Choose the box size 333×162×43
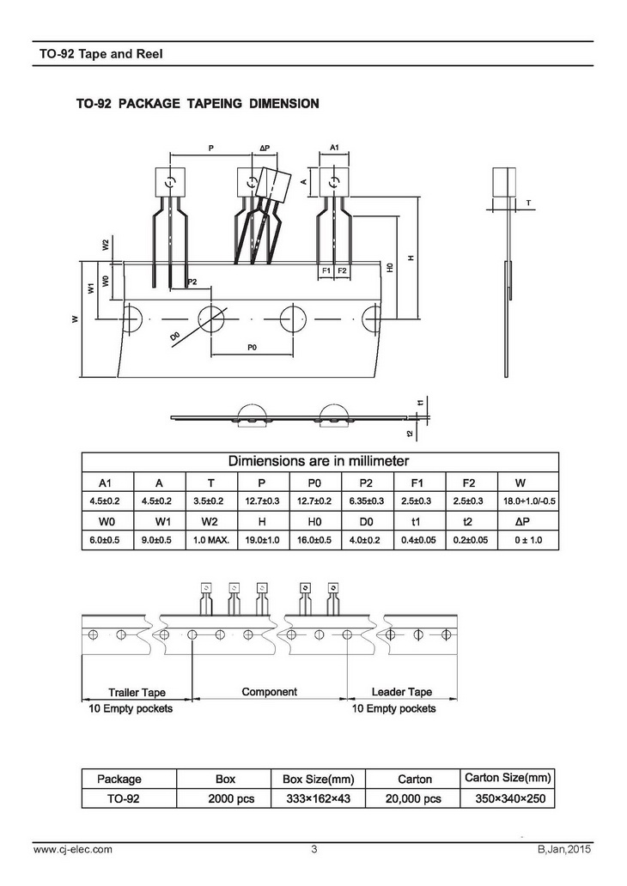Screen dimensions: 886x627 click(319, 798)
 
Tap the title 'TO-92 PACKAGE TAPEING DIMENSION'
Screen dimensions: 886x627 click(198, 104)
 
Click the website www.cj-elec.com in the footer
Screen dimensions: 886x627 click(73, 850)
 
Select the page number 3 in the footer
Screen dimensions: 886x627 click(314, 850)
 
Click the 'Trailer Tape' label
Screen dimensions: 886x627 click(137, 692)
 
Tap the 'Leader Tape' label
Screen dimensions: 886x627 click(402, 692)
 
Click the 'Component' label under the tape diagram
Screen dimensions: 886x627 click(269, 691)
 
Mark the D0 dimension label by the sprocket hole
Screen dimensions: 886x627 click(175, 336)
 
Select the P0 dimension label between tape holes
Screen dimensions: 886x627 click(253, 347)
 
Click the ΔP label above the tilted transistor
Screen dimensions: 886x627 click(265, 149)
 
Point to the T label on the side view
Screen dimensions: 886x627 click(528, 203)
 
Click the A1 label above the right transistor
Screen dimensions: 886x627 click(335, 149)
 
